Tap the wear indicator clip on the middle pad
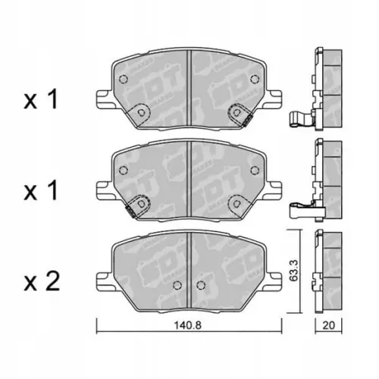click(x=136, y=206)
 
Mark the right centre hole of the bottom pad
click(x=200, y=287)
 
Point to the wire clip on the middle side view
click(x=301, y=205)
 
